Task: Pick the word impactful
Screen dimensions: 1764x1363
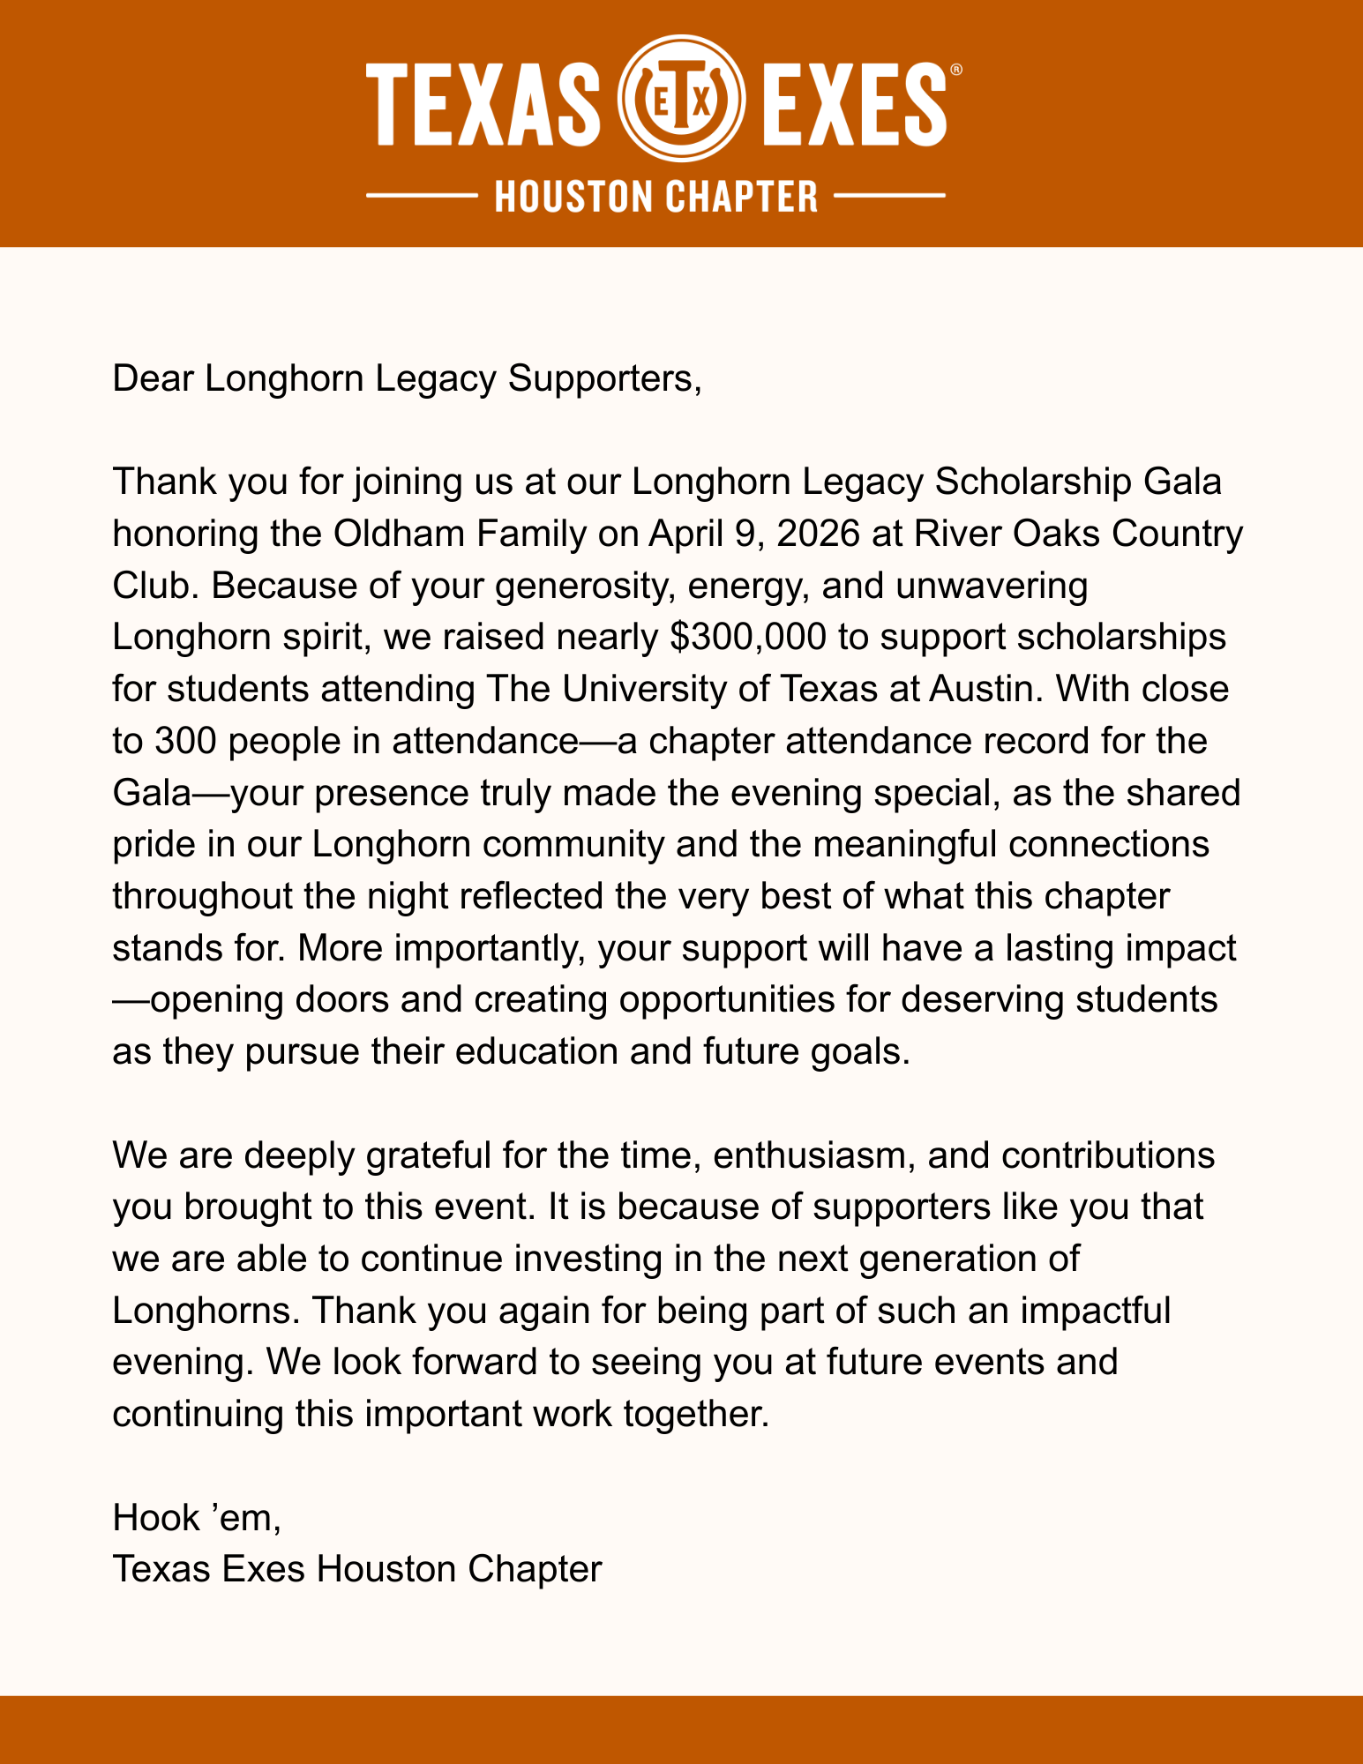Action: coord(1096,1311)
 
